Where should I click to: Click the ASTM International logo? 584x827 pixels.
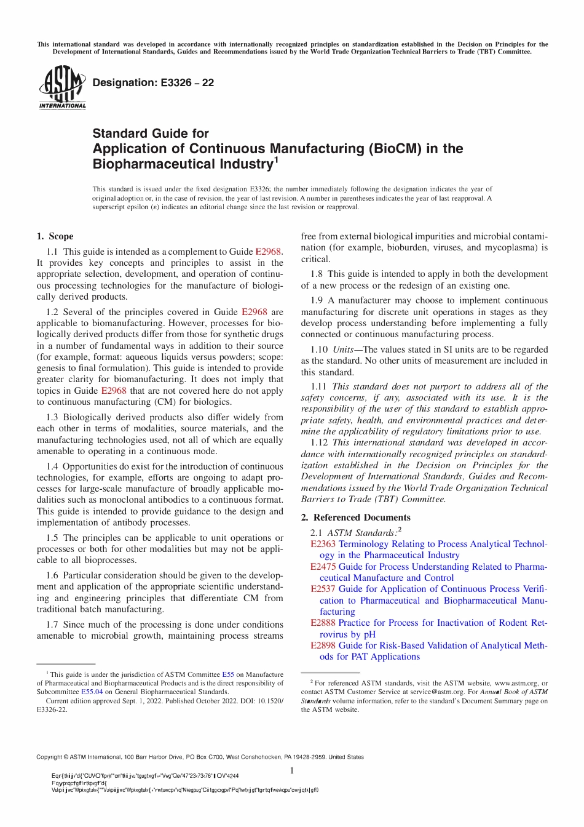point(62,88)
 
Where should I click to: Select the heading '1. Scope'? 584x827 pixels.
point(55,236)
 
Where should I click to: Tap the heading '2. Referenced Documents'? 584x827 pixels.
point(355,517)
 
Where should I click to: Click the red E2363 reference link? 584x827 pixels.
point(323,544)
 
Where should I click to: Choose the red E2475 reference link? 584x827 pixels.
point(323,567)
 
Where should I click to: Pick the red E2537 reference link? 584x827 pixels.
point(323,589)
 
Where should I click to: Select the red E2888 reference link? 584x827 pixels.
point(323,623)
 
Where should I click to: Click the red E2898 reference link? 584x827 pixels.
point(323,645)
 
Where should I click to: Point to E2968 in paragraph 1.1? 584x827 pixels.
point(268,252)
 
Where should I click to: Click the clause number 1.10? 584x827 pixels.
point(318,350)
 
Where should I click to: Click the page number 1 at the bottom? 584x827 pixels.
point(292,770)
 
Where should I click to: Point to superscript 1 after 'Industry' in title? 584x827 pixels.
point(276,161)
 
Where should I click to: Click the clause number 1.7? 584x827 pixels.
point(53,625)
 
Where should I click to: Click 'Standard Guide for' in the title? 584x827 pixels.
point(151,134)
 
